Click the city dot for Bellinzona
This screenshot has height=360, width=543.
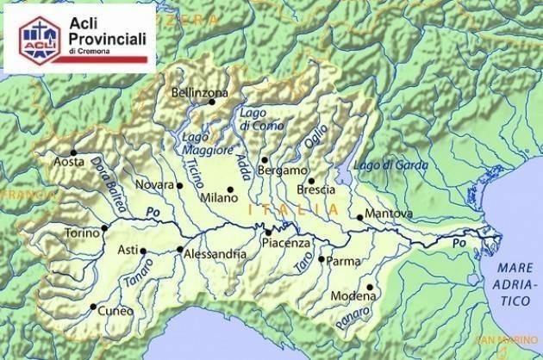[211, 102]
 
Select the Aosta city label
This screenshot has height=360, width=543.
[70, 162]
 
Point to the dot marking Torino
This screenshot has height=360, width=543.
[104, 228]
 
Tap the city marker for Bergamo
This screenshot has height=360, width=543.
[265, 159]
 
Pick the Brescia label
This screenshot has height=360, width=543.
[315, 189]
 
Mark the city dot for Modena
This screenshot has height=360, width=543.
[370, 287]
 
